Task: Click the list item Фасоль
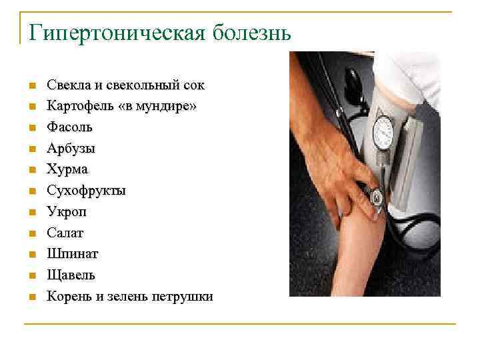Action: point(69,127)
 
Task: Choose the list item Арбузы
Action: point(70,149)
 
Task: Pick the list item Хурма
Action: point(67,170)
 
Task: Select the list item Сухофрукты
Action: point(86,191)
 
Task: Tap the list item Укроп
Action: point(66,212)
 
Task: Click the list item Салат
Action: point(65,233)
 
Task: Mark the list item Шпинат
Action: point(72,254)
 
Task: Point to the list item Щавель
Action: point(71,275)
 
